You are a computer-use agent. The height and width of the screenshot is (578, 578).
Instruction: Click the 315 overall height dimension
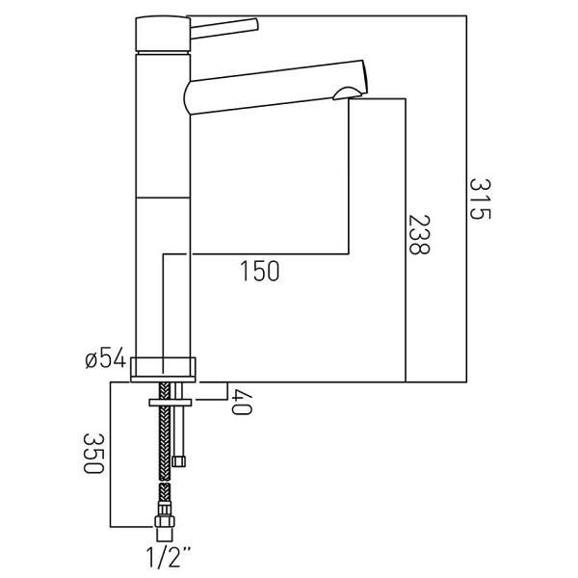481,199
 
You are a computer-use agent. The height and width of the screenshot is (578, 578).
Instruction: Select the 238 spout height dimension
419,234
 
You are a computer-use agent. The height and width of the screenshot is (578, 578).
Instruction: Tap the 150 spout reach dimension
260,271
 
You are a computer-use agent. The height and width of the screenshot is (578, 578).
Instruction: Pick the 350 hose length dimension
93,453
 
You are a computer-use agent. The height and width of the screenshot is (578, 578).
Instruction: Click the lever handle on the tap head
224,28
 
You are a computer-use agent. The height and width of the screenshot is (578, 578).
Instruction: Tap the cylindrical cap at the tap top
163,35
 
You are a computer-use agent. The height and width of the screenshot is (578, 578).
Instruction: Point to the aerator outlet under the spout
346,94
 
